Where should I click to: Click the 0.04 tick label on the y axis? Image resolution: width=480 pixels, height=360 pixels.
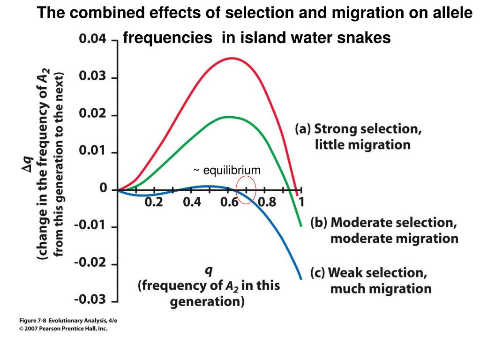[x=92, y=40]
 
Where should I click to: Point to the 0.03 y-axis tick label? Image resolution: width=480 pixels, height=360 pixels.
[x=92, y=77]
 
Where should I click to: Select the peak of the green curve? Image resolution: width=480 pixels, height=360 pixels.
[x=228, y=117]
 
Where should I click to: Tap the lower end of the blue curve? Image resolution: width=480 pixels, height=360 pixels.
[x=301, y=278]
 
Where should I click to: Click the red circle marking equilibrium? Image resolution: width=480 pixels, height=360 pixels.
[x=246, y=190]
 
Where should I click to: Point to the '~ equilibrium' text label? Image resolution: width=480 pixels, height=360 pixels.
[x=226, y=170]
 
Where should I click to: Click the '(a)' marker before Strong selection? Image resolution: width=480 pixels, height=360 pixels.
[x=303, y=129]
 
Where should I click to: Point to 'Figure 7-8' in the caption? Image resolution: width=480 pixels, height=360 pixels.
[x=32, y=320]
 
